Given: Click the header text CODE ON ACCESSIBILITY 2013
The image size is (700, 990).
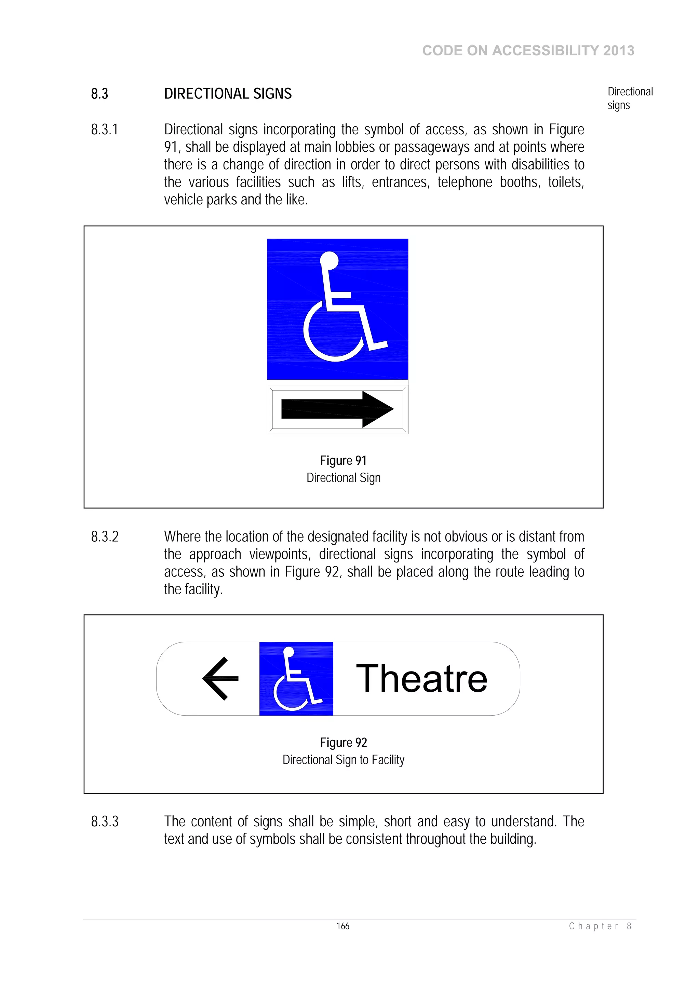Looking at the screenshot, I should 528,51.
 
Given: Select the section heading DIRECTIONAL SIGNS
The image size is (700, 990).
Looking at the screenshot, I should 228,94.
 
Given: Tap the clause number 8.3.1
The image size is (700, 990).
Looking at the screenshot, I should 104,130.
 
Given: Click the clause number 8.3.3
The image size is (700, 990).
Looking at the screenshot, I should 104,822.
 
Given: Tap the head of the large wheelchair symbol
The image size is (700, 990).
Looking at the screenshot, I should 329,260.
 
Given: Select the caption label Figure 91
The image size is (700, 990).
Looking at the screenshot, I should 343,461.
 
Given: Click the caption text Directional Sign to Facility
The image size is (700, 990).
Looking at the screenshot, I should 343,760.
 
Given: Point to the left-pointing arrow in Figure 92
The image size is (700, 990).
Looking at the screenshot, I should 220,679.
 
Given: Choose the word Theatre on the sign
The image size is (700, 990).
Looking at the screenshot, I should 421,679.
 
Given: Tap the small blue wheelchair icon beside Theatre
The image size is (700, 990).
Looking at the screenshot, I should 296,679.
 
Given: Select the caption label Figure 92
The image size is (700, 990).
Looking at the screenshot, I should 343,743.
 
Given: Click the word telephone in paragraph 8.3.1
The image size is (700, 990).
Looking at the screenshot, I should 465,182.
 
